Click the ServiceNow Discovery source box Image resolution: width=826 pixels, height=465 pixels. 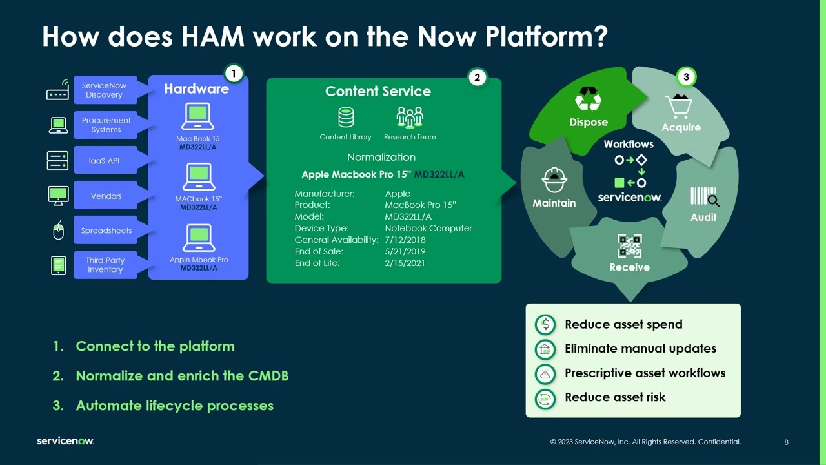click(x=104, y=90)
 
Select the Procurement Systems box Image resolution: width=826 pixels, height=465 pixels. click(x=106, y=125)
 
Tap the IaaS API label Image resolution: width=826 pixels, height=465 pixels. click(x=104, y=161)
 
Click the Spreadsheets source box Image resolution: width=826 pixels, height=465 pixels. click(x=106, y=231)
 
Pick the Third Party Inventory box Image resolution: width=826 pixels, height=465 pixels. click(x=105, y=265)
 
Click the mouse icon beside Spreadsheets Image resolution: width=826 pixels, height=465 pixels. click(x=58, y=231)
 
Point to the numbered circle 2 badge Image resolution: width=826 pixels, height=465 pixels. click(x=477, y=78)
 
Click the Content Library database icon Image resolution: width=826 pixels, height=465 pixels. click(x=346, y=118)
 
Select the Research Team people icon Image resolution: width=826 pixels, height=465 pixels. click(x=410, y=118)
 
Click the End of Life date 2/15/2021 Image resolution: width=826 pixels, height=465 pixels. click(x=405, y=263)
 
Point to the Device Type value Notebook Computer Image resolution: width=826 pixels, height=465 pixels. click(x=428, y=228)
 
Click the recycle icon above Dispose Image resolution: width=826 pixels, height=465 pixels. click(x=588, y=100)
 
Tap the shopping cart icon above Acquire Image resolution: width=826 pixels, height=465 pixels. click(x=678, y=105)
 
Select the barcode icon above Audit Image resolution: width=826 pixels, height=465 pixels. click(x=704, y=197)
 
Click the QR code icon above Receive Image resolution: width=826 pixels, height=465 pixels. click(x=630, y=246)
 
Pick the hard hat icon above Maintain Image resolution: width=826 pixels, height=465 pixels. click(x=554, y=180)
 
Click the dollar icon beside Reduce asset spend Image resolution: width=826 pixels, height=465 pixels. click(x=545, y=324)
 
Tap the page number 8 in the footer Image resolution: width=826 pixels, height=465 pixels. click(x=786, y=442)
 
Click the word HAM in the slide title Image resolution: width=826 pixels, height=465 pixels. click(x=213, y=37)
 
